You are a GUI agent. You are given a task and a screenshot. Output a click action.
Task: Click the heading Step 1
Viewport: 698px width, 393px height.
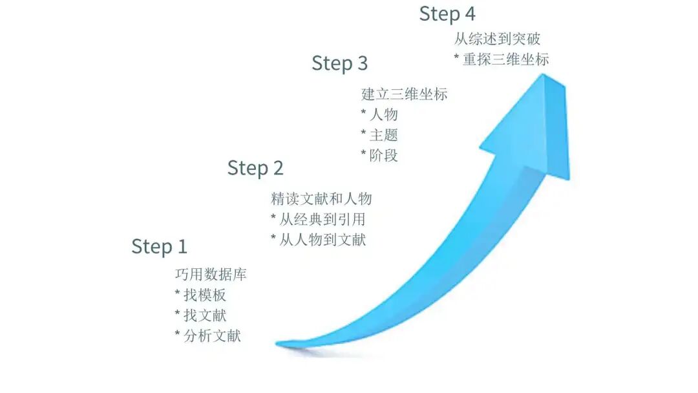click(x=159, y=246)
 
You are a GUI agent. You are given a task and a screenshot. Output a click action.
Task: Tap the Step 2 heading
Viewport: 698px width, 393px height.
click(x=255, y=168)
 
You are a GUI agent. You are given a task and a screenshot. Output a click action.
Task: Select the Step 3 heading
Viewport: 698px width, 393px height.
click(x=339, y=63)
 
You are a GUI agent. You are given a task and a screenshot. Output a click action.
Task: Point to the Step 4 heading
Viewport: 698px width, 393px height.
click(x=447, y=14)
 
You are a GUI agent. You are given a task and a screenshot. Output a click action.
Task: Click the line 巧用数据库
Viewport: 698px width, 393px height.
click(x=211, y=275)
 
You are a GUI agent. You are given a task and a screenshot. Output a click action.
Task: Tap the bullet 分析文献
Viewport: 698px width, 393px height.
click(x=207, y=335)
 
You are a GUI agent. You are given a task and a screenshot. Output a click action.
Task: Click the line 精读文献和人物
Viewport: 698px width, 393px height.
click(x=321, y=198)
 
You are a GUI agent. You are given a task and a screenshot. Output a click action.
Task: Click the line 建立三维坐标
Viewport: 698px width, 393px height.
click(x=404, y=94)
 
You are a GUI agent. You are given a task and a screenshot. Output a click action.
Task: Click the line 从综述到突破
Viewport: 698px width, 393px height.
click(x=497, y=39)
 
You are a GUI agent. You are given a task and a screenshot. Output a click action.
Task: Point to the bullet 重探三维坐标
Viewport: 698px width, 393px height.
click(x=502, y=59)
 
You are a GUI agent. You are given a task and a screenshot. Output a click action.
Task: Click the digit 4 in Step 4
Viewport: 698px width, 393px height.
click(x=469, y=14)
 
